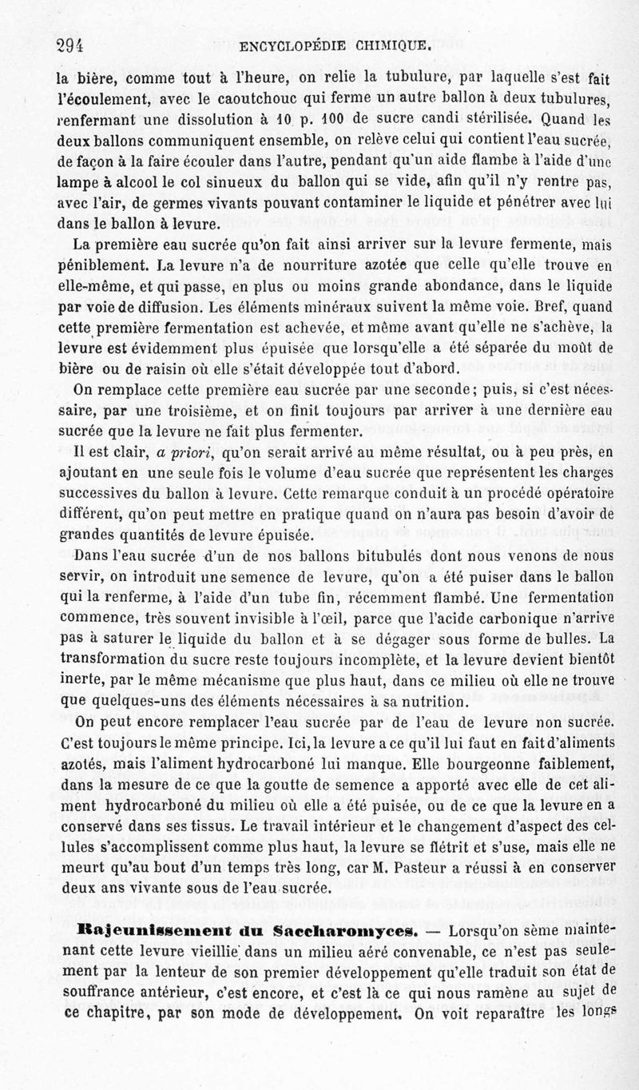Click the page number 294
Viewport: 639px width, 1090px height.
(69, 46)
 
